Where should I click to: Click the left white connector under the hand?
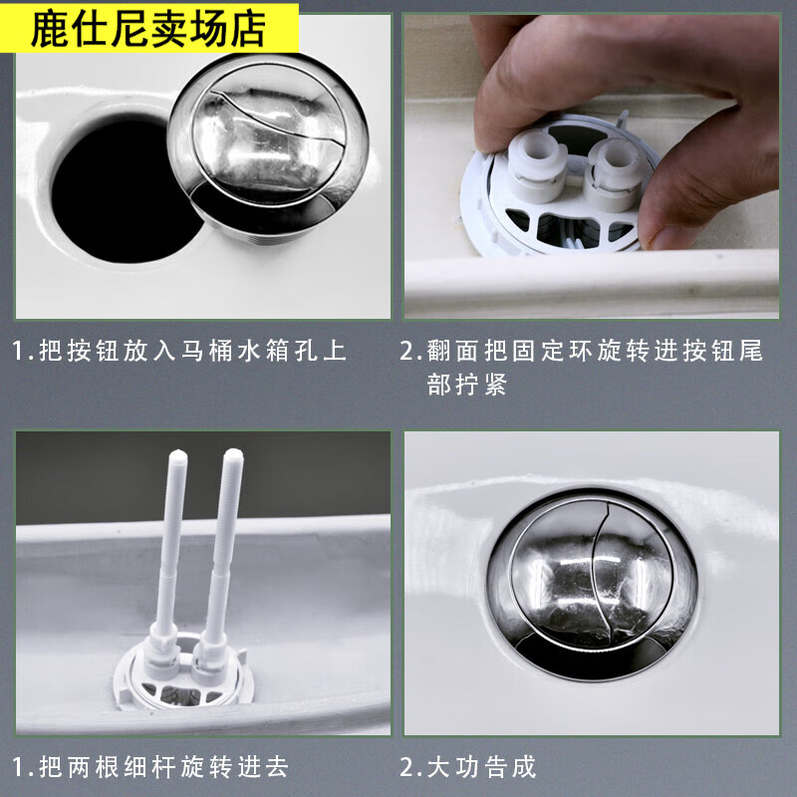[538, 169]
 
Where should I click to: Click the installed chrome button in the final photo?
[592, 583]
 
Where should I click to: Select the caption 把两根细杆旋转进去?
[164, 766]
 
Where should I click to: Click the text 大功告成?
[483, 766]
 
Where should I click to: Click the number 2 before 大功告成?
[407, 766]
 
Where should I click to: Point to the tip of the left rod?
[177, 455]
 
